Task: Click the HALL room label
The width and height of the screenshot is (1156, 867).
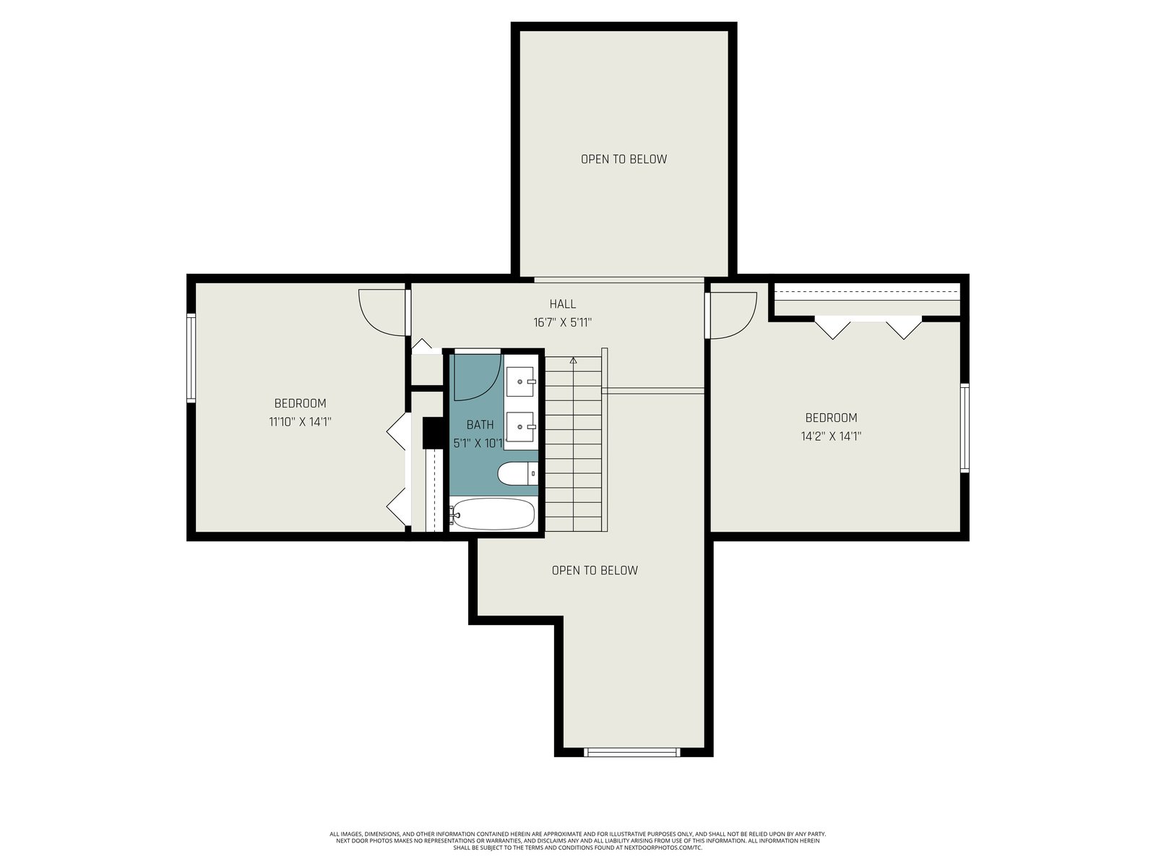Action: tap(562, 303)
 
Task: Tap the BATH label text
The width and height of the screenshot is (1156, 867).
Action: tap(480, 424)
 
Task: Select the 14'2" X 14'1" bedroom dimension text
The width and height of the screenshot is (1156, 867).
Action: tap(831, 436)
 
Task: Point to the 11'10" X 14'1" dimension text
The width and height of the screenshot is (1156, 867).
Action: tap(300, 422)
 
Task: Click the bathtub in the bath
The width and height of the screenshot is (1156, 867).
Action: tap(493, 514)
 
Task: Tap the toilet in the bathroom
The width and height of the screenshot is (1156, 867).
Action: tap(518, 473)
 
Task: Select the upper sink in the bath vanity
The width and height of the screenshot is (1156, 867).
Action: tap(520, 381)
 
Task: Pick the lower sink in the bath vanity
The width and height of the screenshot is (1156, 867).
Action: tap(520, 427)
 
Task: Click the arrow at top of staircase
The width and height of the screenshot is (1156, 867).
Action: tap(574, 361)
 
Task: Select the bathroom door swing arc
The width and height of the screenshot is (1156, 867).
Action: tap(487, 387)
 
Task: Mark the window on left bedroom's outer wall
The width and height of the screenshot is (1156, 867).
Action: tap(191, 358)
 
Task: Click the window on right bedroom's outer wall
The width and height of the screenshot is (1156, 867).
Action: tap(965, 428)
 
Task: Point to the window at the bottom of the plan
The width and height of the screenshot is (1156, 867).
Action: tap(632, 752)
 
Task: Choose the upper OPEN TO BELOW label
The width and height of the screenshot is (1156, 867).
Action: tap(624, 159)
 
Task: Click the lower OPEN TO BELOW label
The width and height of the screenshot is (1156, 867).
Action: tap(595, 570)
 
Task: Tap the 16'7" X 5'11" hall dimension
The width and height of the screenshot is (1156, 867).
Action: tap(562, 323)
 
